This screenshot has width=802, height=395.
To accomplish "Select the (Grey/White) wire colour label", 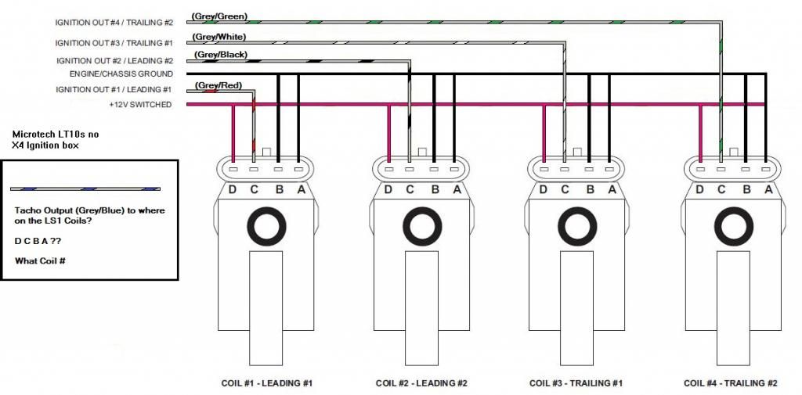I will point(219,37).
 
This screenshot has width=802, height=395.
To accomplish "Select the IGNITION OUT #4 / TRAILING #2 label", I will point(114,23).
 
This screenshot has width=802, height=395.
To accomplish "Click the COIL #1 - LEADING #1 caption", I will point(268,383).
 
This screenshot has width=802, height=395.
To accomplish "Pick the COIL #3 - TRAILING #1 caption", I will point(576,383).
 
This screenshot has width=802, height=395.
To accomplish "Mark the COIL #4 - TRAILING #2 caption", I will point(731,383).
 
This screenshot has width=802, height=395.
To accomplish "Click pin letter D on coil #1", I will point(233,189).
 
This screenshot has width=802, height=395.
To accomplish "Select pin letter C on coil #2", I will point(409,189).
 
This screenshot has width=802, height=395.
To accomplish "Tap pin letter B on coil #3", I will point(590,189).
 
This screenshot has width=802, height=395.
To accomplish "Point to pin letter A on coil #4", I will point(768,189).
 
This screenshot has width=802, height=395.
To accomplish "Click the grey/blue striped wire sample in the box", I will point(85,189).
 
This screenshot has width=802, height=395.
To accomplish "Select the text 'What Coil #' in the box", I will point(40,260).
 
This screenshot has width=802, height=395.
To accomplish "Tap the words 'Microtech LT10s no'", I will point(56,135).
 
